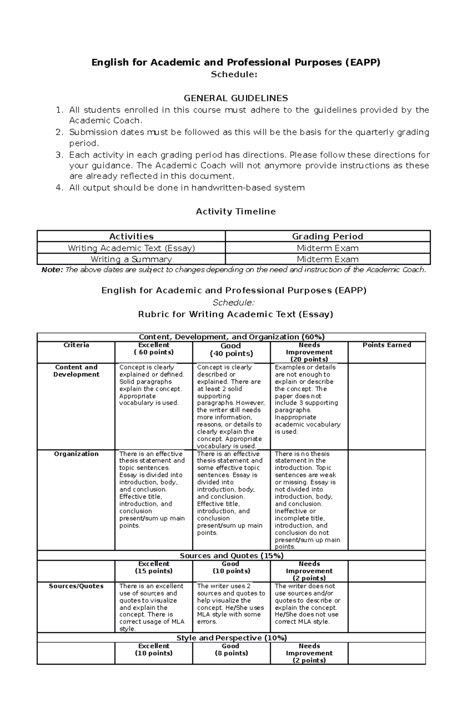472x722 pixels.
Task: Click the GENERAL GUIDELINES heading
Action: [236, 98]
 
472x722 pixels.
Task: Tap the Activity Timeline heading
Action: [236, 212]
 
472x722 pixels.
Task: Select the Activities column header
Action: [131, 236]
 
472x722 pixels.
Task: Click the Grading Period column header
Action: [327, 236]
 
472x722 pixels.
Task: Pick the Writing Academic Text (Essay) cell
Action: [131, 248]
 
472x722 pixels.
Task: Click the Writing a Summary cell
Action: [131, 259]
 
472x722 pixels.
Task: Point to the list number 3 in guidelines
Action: [59, 155]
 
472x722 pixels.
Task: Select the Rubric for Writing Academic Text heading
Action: [236, 314]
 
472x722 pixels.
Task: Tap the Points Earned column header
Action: [387, 345]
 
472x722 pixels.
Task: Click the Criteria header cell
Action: [76, 345]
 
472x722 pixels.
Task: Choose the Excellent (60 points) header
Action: [154, 349]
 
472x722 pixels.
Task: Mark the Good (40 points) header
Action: [231, 349]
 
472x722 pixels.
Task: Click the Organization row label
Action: [76, 454]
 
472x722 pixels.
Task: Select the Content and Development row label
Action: [76, 371]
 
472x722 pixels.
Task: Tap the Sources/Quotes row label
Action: [76, 586]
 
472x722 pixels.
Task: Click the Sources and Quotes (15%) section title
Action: [231, 556]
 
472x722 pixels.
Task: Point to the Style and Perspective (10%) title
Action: [231, 638]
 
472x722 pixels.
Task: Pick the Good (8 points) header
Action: [230, 650]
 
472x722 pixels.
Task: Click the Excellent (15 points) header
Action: [154, 567]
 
